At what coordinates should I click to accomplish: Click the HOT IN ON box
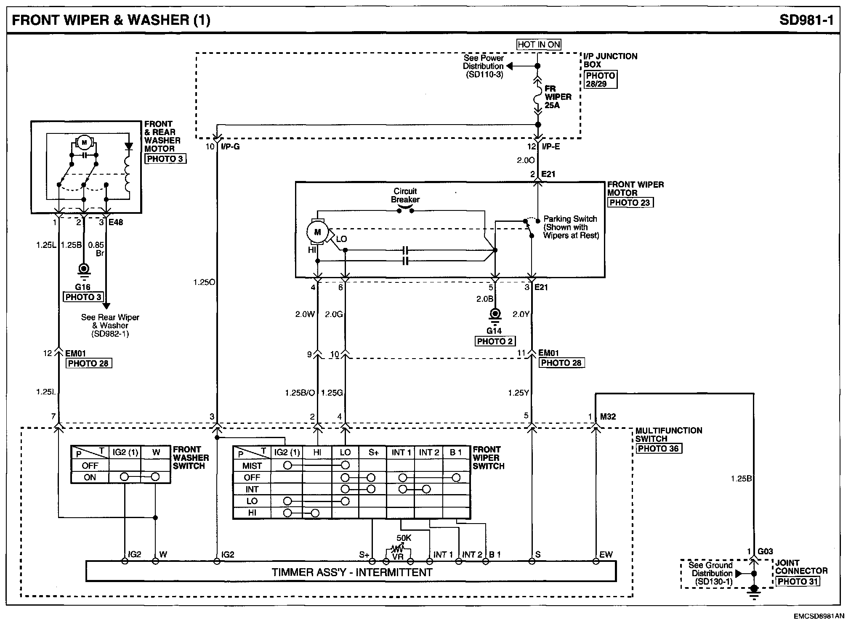tap(539, 45)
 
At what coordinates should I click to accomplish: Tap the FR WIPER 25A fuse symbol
tap(537, 96)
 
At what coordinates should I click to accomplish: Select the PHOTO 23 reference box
tap(630, 202)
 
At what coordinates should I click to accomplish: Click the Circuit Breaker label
tap(405, 195)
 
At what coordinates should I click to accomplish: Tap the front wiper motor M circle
tap(317, 232)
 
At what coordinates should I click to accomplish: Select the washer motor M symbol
tap(84, 143)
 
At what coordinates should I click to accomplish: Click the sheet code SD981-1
tap(806, 20)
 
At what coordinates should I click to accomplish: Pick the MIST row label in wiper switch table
tap(252, 466)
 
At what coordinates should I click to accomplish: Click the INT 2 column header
tap(429, 453)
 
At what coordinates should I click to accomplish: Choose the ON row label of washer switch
tap(90, 478)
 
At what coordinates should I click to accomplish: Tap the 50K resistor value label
tap(404, 538)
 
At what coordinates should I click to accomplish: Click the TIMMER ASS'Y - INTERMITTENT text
tap(352, 572)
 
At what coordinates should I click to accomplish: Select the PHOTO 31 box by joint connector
tap(798, 582)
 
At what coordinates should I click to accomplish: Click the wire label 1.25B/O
tap(300, 393)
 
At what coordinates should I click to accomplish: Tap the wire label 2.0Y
tap(521, 314)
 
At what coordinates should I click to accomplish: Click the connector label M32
tap(608, 417)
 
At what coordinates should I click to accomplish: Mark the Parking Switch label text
tap(570, 219)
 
